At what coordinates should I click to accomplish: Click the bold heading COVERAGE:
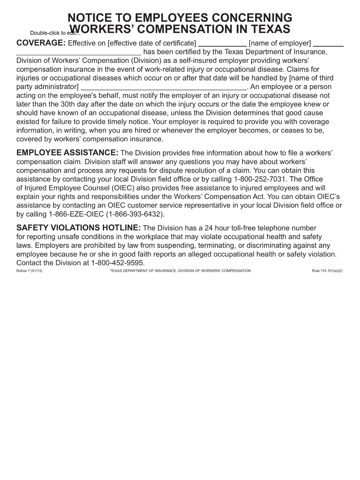(x=41, y=43)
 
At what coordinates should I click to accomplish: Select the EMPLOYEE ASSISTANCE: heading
(x=67, y=153)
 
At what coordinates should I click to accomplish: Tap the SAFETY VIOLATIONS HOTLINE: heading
(x=79, y=228)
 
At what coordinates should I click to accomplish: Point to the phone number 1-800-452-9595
(x=118, y=263)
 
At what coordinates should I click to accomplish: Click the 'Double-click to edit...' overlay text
(x=55, y=33)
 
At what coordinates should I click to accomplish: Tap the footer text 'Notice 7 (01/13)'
(x=29, y=271)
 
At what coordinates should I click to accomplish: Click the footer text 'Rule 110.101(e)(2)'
(x=327, y=271)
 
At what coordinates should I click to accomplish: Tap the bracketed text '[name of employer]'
(x=280, y=43)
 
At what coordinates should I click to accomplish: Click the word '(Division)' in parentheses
(x=146, y=60)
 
